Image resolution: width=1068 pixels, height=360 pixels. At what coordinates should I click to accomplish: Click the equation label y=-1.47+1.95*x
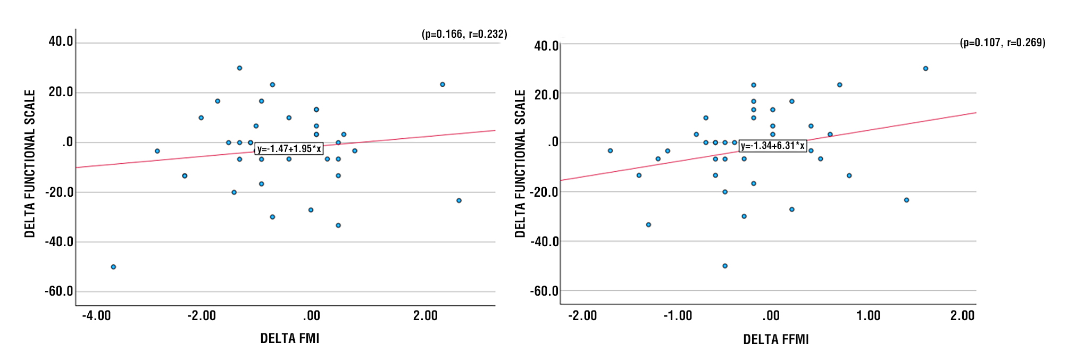289,149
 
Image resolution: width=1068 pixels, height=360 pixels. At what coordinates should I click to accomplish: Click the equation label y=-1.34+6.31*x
773,146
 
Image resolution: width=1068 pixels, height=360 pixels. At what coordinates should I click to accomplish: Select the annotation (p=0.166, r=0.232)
464,34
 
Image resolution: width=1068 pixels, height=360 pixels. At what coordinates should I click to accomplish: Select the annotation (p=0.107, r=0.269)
1002,43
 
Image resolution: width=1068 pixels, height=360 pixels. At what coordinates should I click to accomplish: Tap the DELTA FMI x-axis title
289,338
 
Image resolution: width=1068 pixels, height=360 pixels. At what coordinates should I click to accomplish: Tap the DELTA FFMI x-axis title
775,339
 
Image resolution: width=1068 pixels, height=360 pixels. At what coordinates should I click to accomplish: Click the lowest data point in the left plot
113,267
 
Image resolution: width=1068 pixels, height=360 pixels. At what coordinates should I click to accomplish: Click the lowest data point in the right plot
725,266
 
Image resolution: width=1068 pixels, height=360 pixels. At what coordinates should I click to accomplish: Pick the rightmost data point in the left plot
459,200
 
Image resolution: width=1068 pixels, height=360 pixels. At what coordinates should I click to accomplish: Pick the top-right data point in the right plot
925,69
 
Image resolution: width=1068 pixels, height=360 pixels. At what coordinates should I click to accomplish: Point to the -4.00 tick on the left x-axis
96,316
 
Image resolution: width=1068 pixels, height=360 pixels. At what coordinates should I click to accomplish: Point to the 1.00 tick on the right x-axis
868,316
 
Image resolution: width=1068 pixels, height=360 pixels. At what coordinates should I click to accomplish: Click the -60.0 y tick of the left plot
59,291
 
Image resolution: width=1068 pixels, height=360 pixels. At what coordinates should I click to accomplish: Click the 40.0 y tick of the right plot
546,46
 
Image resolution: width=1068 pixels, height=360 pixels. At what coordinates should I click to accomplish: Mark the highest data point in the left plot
239,68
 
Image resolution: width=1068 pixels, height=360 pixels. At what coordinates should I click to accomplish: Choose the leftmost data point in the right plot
610,151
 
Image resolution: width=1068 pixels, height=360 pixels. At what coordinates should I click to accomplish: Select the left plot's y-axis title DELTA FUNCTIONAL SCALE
30,163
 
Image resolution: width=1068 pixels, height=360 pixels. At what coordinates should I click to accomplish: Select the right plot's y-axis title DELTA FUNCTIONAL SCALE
520,163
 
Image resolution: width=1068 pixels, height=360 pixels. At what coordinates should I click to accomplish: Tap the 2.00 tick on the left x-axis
425,316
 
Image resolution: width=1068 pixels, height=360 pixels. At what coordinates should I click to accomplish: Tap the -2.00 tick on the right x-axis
582,316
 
